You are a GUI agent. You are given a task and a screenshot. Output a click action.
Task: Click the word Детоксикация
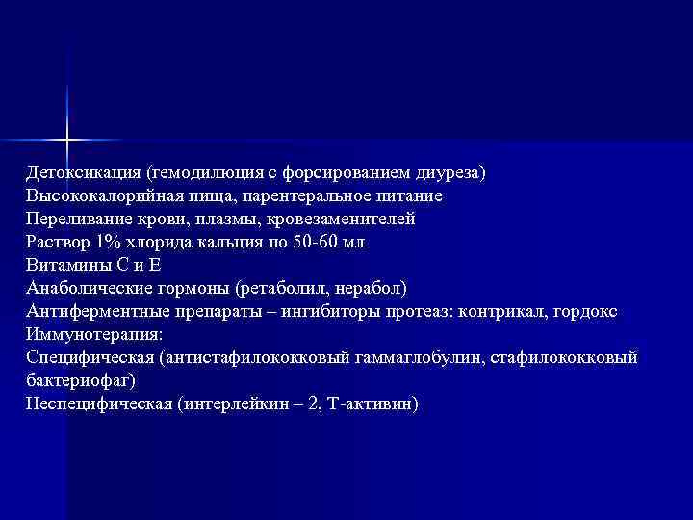(x=84, y=173)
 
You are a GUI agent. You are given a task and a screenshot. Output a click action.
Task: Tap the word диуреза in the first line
(x=451, y=173)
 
